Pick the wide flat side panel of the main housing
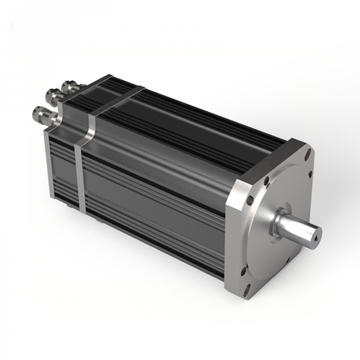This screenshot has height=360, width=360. (156, 192)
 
